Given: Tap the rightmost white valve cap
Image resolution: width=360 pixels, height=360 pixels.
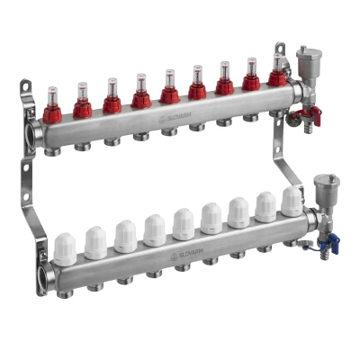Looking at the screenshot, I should pyautogui.click(x=291, y=201).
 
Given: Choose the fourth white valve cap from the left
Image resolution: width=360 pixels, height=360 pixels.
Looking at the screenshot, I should pyautogui.click(x=154, y=229).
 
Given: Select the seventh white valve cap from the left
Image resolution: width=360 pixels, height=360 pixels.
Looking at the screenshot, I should pyautogui.click(x=238, y=212).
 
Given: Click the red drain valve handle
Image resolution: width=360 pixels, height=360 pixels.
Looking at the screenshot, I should pyautogui.click(x=310, y=113).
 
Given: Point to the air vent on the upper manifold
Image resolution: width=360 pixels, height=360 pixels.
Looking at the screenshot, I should pyautogui.click(x=306, y=63).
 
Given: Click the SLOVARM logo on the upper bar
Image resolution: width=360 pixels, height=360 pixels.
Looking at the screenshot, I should pyautogui.click(x=175, y=117).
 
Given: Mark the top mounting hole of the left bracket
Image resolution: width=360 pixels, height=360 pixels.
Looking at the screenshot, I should pyautogui.click(x=27, y=88).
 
